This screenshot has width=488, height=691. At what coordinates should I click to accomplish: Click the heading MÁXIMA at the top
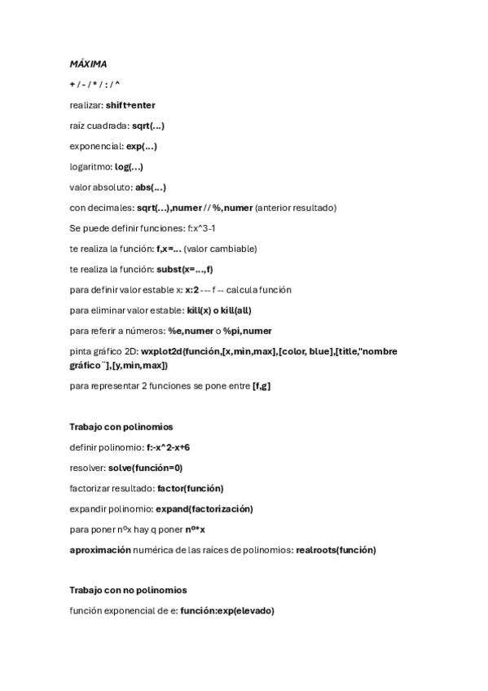pyautogui.click(x=88, y=64)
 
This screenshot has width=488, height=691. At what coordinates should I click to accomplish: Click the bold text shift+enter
pyautogui.click(x=130, y=105)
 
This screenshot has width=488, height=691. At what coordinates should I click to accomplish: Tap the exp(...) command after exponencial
pyautogui.click(x=142, y=146)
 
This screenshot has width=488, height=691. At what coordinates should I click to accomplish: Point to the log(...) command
pyautogui.click(x=129, y=166)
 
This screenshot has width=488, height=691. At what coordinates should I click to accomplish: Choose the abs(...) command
pyautogui.click(x=151, y=187)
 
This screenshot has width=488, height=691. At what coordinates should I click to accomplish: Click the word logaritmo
pyautogui.click(x=90, y=166)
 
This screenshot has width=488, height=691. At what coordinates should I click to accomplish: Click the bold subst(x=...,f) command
pyautogui.click(x=185, y=269)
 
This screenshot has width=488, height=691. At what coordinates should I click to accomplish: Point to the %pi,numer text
pyautogui.click(x=248, y=330)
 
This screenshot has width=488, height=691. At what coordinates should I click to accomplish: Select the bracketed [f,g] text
pyautogui.click(x=261, y=385)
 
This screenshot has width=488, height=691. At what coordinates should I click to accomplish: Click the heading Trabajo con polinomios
pyautogui.click(x=121, y=426)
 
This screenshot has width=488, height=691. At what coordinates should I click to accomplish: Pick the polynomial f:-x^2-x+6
pyautogui.click(x=168, y=447)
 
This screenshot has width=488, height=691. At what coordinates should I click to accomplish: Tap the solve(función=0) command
pyautogui.click(x=145, y=468)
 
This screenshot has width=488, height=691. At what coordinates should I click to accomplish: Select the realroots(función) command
pyautogui.click(x=336, y=550)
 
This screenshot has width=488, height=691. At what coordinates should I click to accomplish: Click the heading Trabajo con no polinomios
pyautogui.click(x=128, y=590)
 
